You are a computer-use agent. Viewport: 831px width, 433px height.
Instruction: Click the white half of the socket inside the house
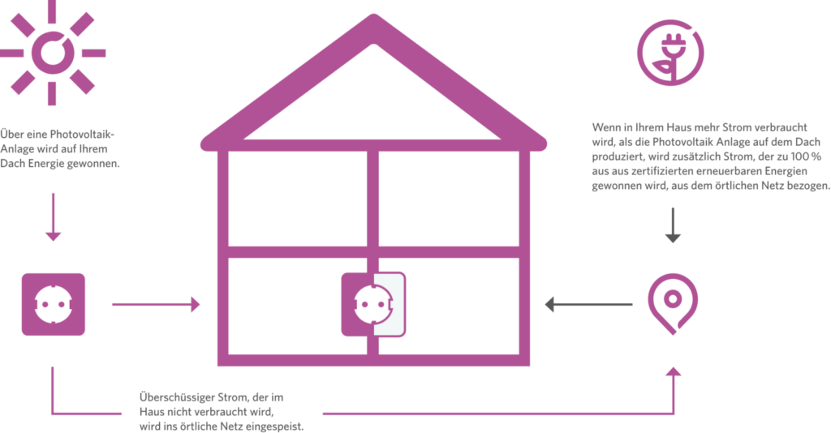pos(387,305)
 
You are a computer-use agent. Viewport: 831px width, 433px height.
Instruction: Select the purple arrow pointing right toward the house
pos(155,305)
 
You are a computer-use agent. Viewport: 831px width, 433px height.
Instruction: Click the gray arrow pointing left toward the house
pos(588,305)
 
